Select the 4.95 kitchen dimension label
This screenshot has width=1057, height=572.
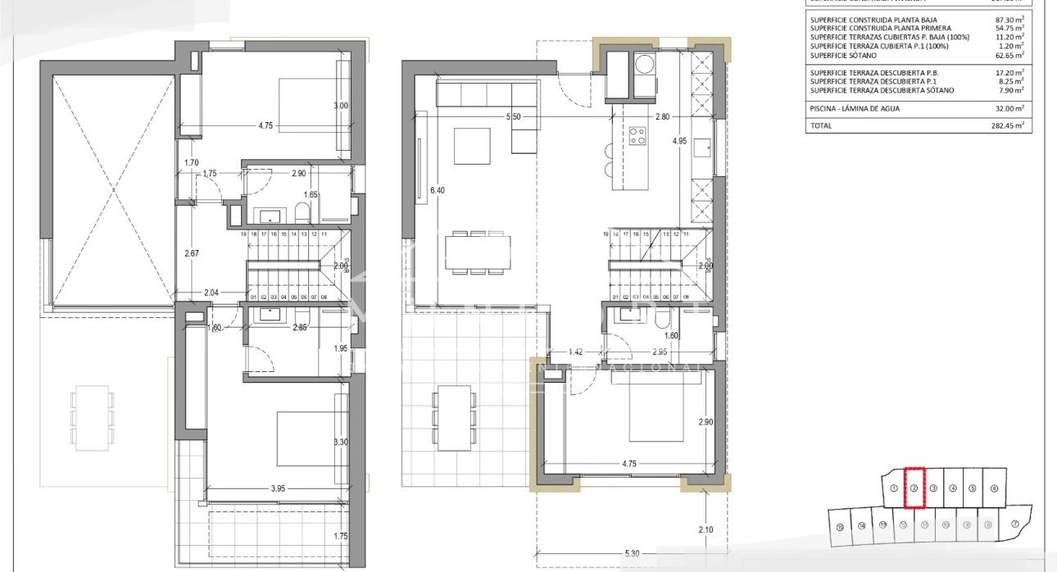[x=679, y=141]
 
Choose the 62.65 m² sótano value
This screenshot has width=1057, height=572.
[x=1011, y=55]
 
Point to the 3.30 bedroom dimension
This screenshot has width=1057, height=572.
[x=341, y=443]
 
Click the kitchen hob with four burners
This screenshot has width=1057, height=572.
[x=637, y=135]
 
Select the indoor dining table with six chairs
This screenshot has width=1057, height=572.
[x=479, y=252]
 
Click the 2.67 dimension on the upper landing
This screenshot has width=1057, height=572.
[x=191, y=253]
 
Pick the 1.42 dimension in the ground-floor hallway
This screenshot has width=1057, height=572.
[x=578, y=352]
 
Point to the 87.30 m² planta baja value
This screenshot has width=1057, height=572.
[x=1011, y=19]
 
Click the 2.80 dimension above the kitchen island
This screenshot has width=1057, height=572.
[x=662, y=117]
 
